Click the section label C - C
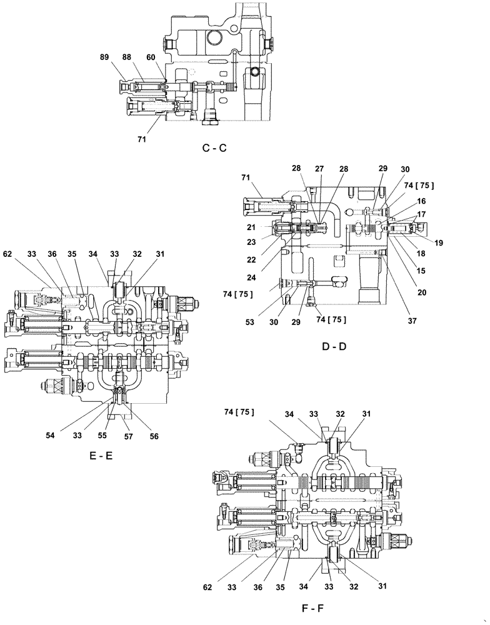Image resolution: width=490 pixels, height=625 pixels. click(214, 149)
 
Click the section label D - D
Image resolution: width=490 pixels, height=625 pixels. click(333, 347)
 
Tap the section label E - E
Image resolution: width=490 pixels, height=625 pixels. click(101, 456)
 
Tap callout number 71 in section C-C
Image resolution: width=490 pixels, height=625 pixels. click(142, 140)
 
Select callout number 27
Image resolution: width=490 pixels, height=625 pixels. click(319, 168)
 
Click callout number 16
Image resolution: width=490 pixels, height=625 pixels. click(422, 201)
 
